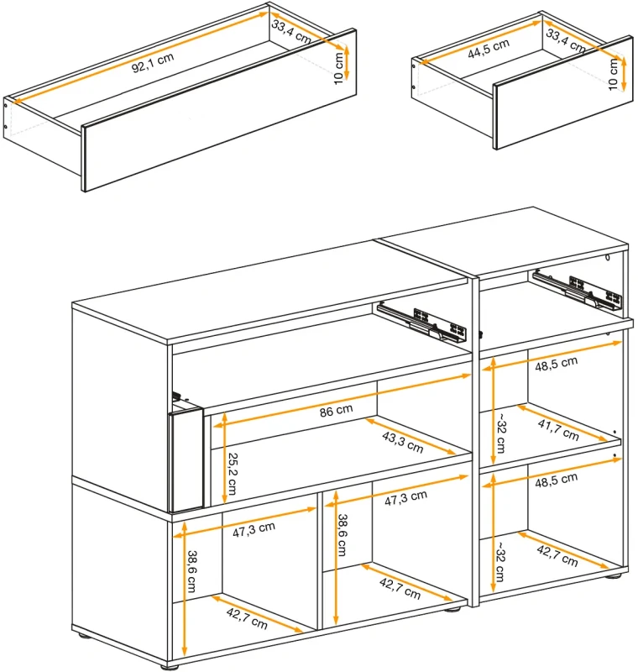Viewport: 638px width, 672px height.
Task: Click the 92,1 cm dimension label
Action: click(153, 63)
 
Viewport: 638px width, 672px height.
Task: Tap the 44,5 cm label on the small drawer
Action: click(489, 48)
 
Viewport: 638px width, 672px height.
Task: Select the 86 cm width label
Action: click(336, 411)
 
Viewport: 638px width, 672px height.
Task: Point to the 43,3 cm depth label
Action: click(402, 443)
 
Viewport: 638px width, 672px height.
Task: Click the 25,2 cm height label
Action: click(233, 474)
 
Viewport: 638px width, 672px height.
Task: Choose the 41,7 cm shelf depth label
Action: click(558, 430)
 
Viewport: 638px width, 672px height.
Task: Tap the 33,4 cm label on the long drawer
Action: click(290, 32)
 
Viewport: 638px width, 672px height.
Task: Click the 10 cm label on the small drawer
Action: click(613, 75)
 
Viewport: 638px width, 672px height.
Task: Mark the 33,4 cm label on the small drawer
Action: click(565, 41)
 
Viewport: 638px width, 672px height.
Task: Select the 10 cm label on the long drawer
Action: click(338, 68)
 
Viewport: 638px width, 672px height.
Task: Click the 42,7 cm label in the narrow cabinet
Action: click(557, 555)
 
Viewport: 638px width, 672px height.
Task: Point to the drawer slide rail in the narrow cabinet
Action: click(578, 288)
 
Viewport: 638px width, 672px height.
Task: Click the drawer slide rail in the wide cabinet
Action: click(422, 322)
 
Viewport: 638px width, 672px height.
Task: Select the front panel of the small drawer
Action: click(562, 92)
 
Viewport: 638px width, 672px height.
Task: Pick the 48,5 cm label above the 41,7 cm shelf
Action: click(556, 364)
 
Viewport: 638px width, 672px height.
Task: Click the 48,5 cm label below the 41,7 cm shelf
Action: click(556, 480)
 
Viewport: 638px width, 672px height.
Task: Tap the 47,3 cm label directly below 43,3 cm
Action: click(405, 498)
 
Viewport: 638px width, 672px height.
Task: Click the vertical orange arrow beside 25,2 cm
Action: click(224, 458)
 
